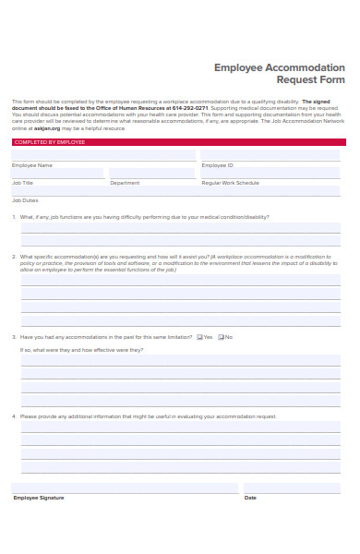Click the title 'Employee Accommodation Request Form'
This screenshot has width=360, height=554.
point(279,73)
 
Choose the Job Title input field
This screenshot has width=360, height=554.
point(57,173)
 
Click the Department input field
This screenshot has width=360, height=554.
point(152,173)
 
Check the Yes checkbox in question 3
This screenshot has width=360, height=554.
point(199,337)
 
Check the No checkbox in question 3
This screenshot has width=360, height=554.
point(221,337)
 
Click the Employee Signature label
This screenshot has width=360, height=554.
point(39,498)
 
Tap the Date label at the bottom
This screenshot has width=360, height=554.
point(250,498)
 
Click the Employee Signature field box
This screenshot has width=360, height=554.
point(124,488)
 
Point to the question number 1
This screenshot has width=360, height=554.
point(14,217)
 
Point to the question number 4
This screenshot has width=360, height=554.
point(14,416)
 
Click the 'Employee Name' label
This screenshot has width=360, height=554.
point(32,165)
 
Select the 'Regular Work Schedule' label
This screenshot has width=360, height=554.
point(231,183)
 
